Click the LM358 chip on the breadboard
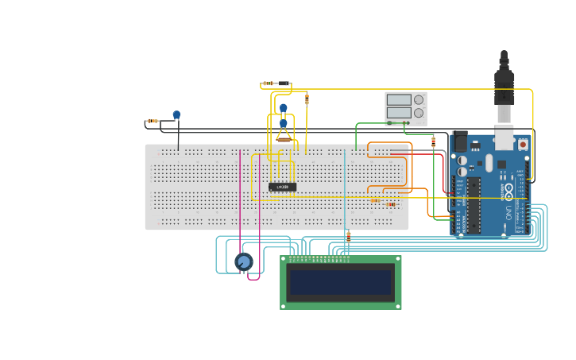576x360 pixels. [x=282, y=187]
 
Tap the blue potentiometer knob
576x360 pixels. [x=244, y=261]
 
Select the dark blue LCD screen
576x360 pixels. [x=341, y=282]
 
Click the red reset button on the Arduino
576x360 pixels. [x=523, y=145]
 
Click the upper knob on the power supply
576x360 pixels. [x=419, y=100]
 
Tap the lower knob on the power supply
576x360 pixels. [x=419, y=114]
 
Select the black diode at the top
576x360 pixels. [x=283, y=83]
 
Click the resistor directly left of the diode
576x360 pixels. [x=269, y=83]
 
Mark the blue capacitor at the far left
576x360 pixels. [x=176, y=115]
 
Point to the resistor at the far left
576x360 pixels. [x=153, y=121]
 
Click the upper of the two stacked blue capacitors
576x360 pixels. [x=283, y=108]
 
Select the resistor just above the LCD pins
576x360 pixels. [x=348, y=235]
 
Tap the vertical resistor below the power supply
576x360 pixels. [x=433, y=141]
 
